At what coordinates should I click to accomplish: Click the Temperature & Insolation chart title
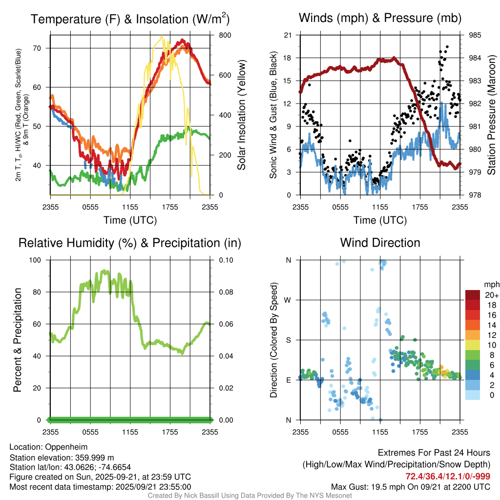click(130, 19)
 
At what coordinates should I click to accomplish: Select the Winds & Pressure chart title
click(380, 18)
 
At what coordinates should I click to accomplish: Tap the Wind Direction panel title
click(380, 243)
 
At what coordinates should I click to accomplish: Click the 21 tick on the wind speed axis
click(288, 35)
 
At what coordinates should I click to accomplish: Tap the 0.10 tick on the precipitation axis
click(225, 260)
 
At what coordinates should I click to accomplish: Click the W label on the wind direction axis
click(288, 300)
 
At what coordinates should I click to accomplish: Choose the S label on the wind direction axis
click(288, 340)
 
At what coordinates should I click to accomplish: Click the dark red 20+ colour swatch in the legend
click(473, 295)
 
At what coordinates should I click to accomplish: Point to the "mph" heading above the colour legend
click(491, 284)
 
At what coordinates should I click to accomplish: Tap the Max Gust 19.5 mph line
click(411, 486)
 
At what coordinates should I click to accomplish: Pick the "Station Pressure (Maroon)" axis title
click(492, 115)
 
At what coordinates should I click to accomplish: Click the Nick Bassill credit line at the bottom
click(250, 496)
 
